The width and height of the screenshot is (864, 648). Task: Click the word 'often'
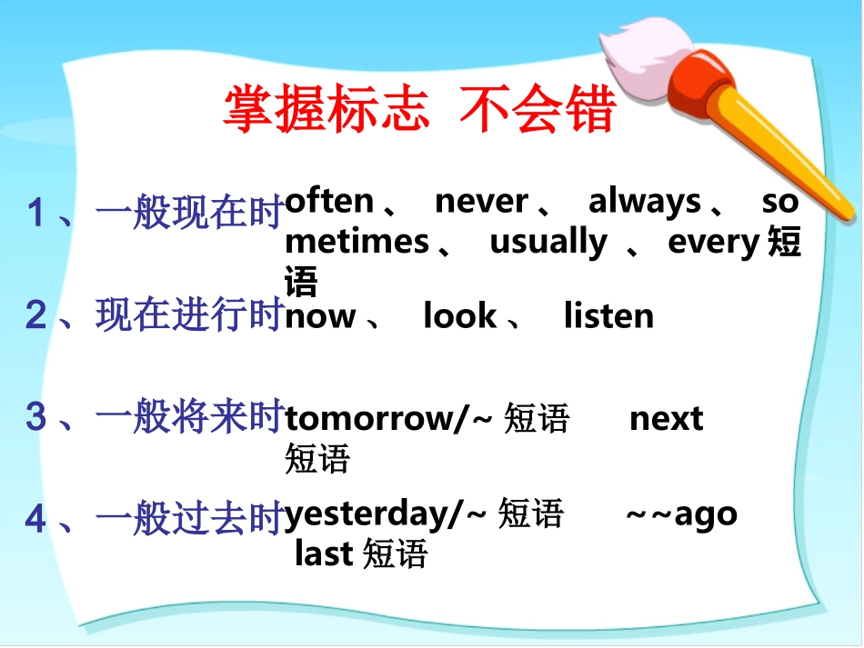coord(329,201)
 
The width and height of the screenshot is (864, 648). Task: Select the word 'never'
coord(481,201)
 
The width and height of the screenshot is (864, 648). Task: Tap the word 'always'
coord(645,201)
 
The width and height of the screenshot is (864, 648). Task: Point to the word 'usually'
coord(548,243)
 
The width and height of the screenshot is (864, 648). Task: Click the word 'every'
coord(713,243)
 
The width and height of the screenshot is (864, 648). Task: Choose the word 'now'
coord(320,317)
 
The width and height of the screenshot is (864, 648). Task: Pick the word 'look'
coord(460,316)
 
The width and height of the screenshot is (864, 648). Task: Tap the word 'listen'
coord(608,316)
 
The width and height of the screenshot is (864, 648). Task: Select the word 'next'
coord(667,419)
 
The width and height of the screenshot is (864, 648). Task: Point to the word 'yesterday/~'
coord(387,515)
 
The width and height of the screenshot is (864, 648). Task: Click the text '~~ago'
coord(682,515)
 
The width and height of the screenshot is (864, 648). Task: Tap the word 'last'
coord(324,553)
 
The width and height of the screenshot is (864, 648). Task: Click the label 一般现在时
coord(189,214)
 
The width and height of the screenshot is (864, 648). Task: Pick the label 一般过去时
coord(189,519)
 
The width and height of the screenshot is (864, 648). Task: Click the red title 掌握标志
coord(326,111)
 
